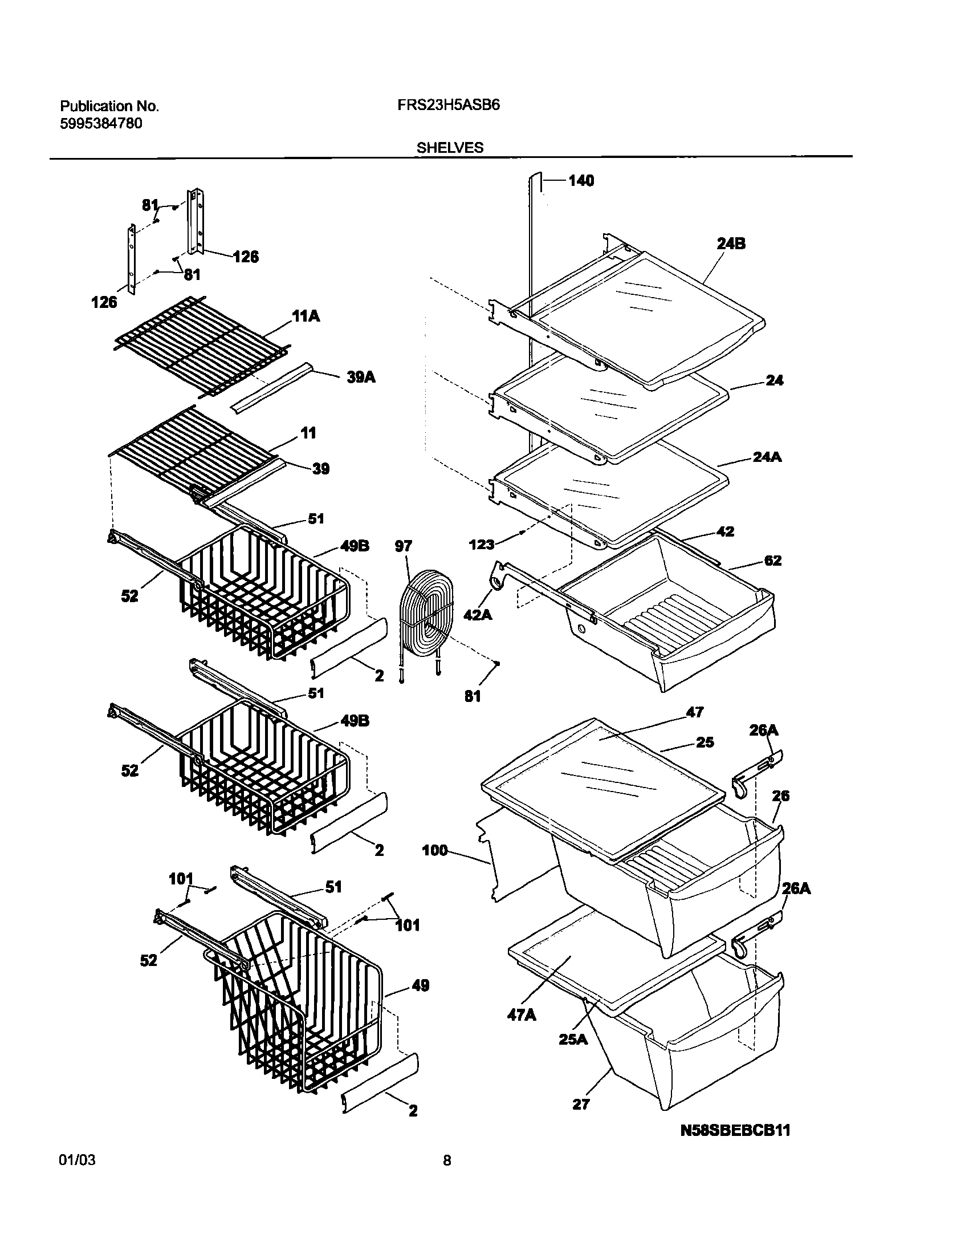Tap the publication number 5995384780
(101, 123)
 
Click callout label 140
(581, 181)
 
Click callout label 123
(481, 545)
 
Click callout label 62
(773, 560)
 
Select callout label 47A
(522, 1015)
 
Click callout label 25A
(573, 1039)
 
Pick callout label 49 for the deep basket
(420, 985)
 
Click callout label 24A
(767, 457)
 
